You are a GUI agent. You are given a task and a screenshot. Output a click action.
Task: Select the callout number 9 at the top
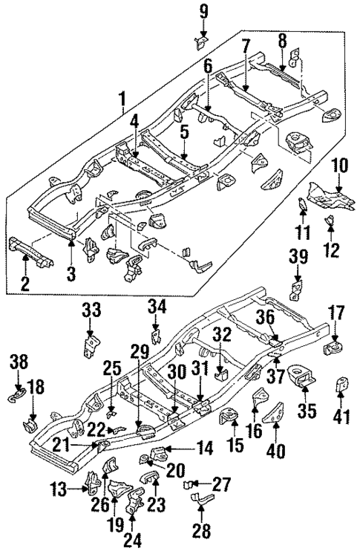pos(203,10)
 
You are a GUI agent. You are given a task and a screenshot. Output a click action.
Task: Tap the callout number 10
pos(339,164)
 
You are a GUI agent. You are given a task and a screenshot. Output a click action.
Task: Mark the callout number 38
pos(19,362)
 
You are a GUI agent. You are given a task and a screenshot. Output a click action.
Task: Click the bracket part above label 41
pos(344,385)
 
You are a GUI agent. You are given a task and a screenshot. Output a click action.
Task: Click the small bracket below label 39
pos(298,287)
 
